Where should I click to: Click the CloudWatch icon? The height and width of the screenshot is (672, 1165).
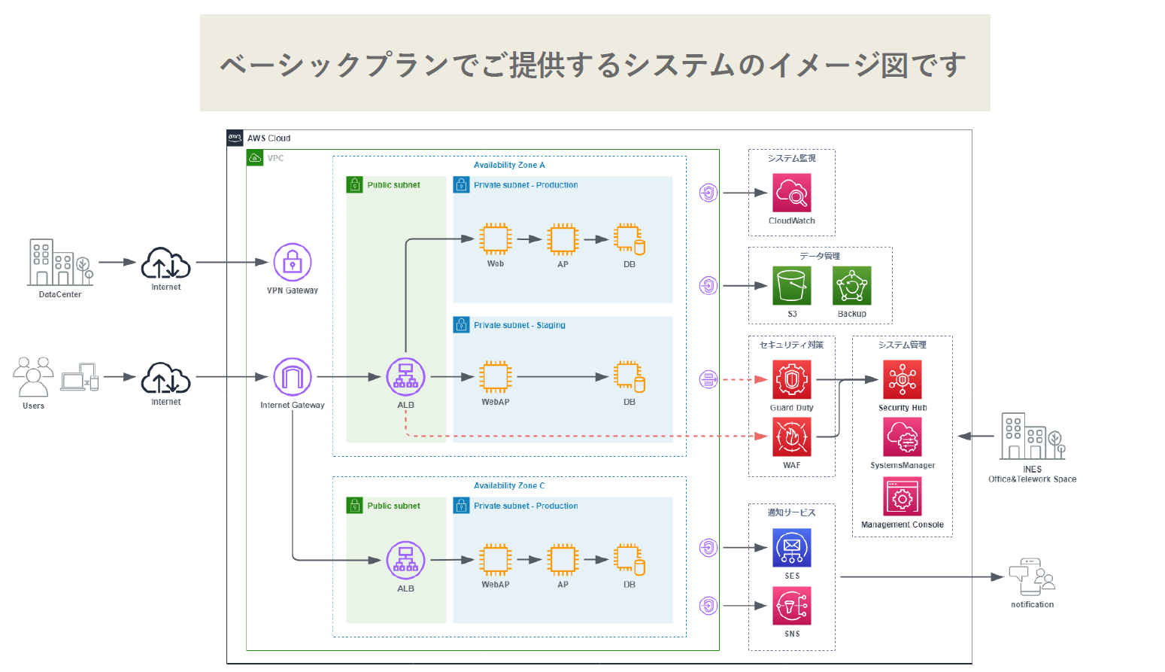tap(791, 193)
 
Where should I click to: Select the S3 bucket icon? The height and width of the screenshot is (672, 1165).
tap(791, 285)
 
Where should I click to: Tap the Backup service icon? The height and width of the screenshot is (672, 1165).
tap(851, 285)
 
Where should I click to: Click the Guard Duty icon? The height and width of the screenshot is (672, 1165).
tap(791, 379)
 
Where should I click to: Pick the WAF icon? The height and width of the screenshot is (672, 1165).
tap(791, 437)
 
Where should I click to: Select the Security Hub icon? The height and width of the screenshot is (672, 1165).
tap(902, 379)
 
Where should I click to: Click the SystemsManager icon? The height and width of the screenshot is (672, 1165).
tap(902, 437)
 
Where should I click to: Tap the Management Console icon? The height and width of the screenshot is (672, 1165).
tap(902, 497)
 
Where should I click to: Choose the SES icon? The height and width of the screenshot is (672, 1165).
tap(791, 548)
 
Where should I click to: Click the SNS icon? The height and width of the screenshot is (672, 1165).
tap(791, 606)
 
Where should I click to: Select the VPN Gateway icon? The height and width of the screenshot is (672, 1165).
tap(293, 263)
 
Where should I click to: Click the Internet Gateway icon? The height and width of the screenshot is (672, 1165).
tap(293, 377)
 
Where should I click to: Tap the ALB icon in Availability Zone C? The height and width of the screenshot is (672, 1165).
tap(405, 561)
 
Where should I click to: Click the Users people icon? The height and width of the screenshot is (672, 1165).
tap(34, 377)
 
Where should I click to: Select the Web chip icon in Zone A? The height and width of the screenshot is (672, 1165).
tap(496, 239)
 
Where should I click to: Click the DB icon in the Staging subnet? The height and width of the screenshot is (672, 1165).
tap(629, 377)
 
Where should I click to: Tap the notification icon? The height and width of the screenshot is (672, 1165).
tap(1032, 577)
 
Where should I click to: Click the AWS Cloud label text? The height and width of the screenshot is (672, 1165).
tap(268, 138)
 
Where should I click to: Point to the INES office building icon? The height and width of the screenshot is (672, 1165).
tap(1032, 436)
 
